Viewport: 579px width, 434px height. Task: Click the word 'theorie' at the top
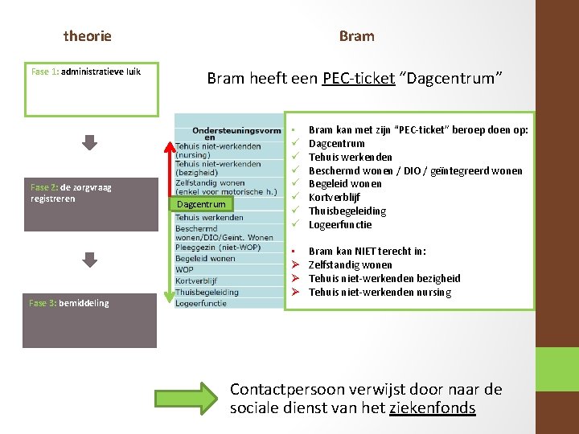(x=88, y=36)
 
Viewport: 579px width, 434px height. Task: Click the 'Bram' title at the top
(x=356, y=36)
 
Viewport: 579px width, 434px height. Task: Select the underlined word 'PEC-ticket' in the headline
(x=358, y=78)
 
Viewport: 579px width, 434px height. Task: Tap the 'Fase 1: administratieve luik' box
(x=91, y=88)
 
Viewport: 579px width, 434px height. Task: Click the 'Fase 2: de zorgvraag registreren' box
(x=91, y=204)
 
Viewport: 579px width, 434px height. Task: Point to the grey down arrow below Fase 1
(x=90, y=142)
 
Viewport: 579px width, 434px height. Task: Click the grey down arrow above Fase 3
(x=90, y=260)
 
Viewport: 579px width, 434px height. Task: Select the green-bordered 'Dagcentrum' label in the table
(x=201, y=204)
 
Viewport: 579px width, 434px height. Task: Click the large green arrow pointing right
(x=187, y=397)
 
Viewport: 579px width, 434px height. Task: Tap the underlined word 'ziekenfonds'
(x=432, y=408)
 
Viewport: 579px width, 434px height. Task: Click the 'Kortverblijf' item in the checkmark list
(x=335, y=198)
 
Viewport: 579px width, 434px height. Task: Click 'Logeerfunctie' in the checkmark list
(x=340, y=225)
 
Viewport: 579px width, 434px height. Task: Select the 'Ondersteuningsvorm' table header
(x=236, y=130)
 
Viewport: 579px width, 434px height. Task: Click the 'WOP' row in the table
(x=184, y=270)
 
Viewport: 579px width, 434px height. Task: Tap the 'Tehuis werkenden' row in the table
(x=209, y=218)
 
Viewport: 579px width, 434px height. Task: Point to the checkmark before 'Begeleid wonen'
(x=295, y=184)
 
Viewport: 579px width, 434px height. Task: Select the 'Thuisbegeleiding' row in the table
(x=207, y=293)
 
